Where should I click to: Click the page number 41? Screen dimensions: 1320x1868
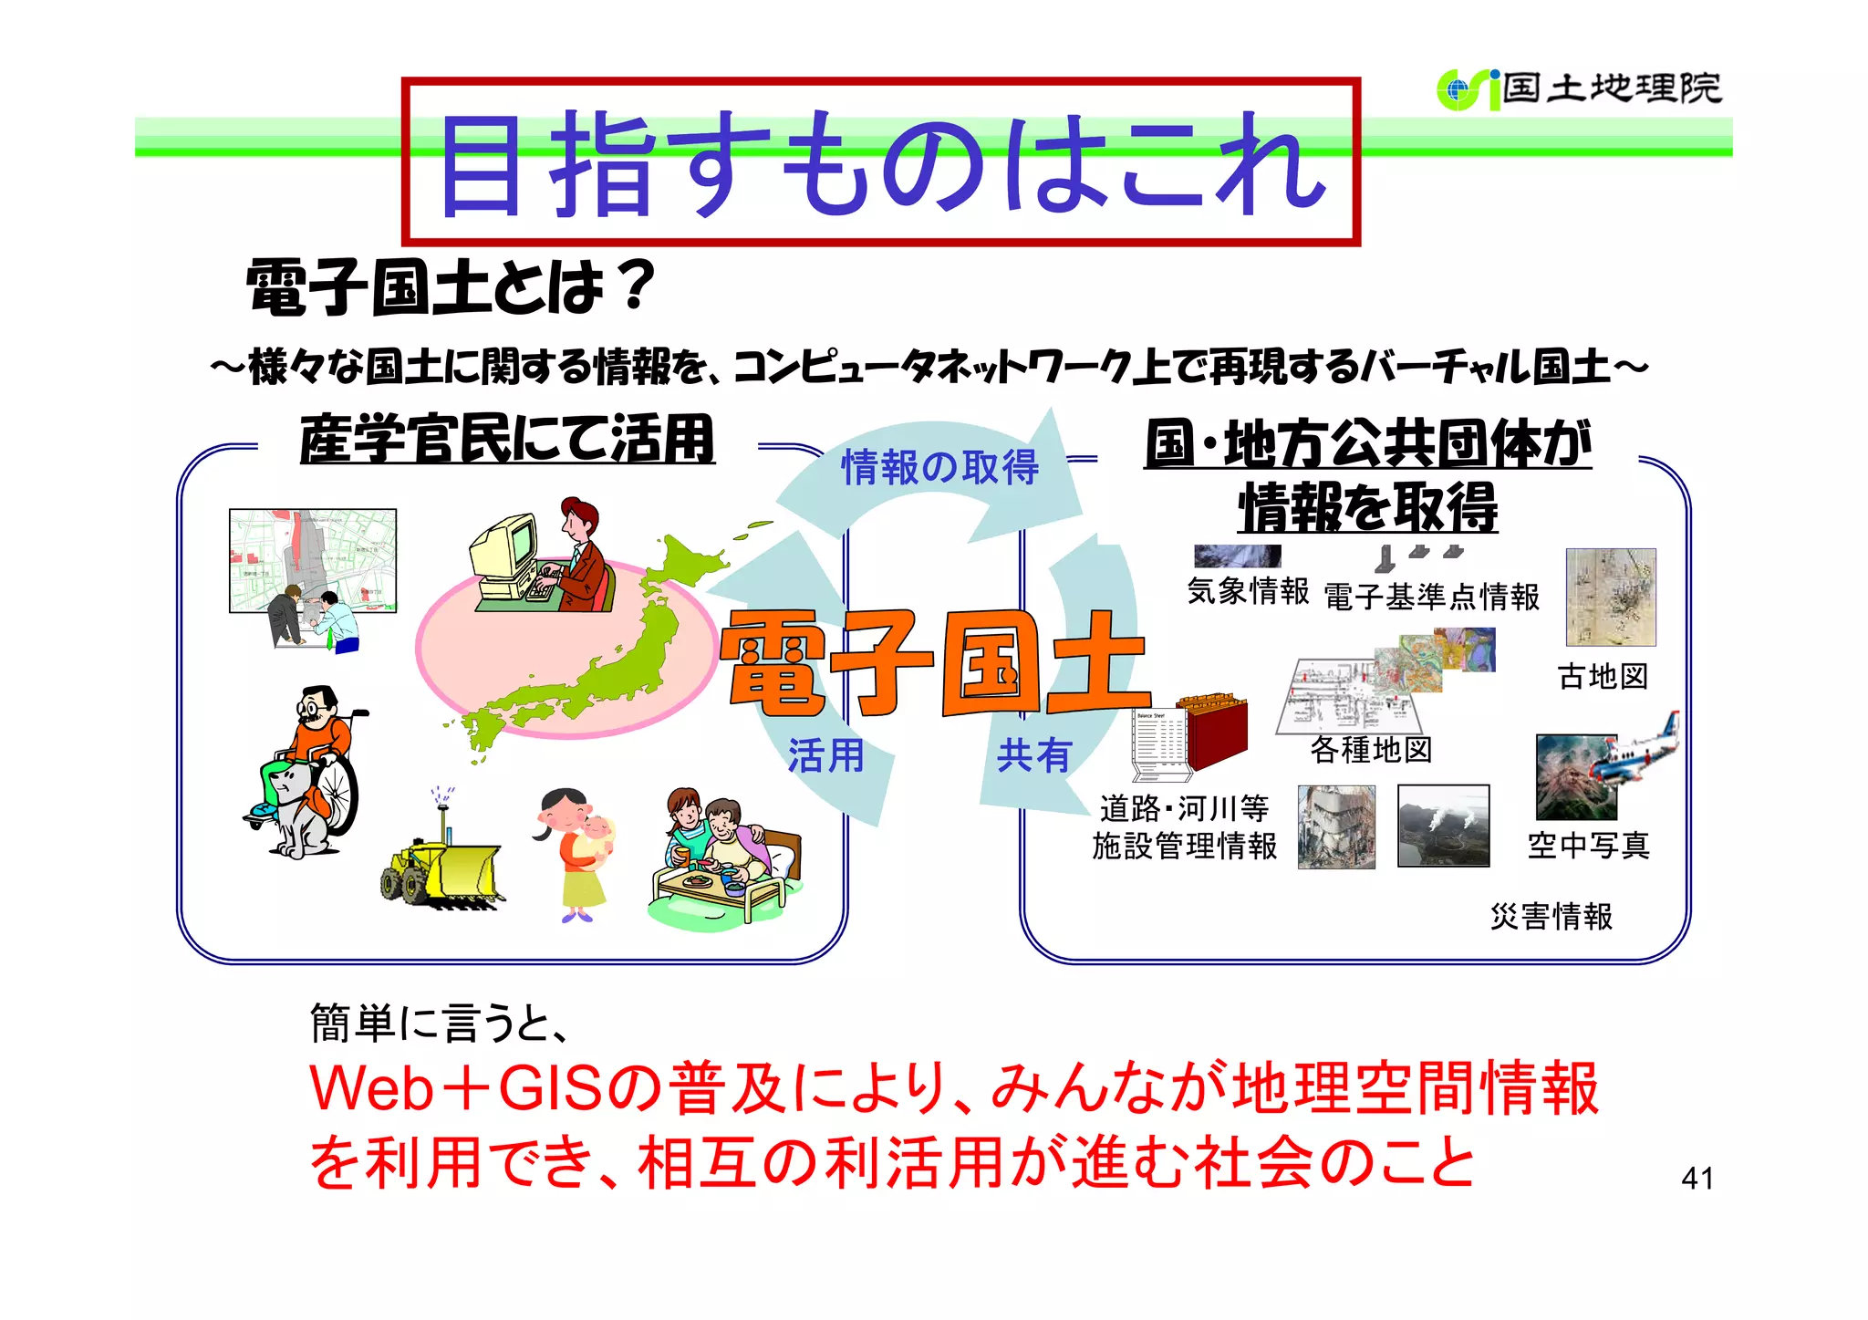pos(1697,1178)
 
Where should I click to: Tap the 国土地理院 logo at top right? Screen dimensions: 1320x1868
pos(1580,89)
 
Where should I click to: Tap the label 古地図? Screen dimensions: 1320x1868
pos(1603,677)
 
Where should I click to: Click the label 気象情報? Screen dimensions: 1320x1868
pos(1248,591)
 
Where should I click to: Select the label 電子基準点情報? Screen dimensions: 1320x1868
pos(1431,597)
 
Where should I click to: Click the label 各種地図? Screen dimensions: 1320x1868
pos(1371,750)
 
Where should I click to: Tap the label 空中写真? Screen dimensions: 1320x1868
pos(1588,846)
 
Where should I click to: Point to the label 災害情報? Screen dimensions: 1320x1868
pos(1551,916)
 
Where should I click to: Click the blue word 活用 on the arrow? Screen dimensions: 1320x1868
pos(825,755)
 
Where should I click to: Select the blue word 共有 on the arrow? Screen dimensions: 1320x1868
pos(1033,755)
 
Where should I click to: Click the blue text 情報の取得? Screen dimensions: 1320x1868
pos(939,468)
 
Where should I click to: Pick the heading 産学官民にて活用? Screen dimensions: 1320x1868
pos(507,439)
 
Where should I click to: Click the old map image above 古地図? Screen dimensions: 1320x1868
pos(1610,597)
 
